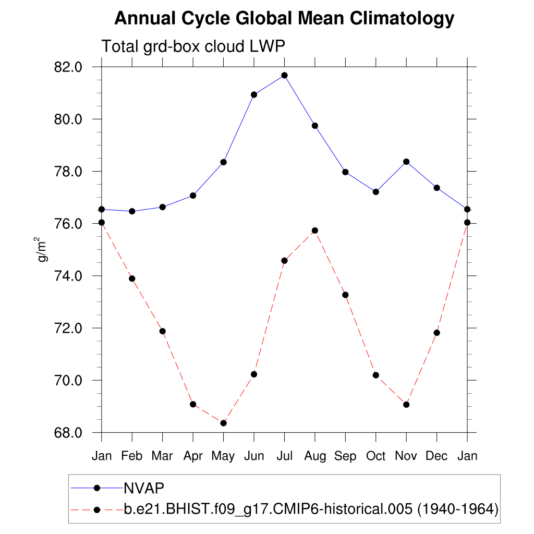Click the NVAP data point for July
tap(284, 75)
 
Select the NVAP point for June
tap(254, 94)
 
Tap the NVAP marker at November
tap(406, 162)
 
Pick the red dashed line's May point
tap(223, 423)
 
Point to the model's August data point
tap(315, 230)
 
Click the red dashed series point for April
tap(193, 404)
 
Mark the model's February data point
tap(132, 278)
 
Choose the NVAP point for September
tap(345, 172)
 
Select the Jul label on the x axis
tap(284, 456)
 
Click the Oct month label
tap(375, 456)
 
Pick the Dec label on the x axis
tap(436, 456)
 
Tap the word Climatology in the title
tap(402, 19)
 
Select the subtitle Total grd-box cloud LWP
tap(193, 46)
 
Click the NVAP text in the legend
tap(144, 488)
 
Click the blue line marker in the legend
tap(96, 488)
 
